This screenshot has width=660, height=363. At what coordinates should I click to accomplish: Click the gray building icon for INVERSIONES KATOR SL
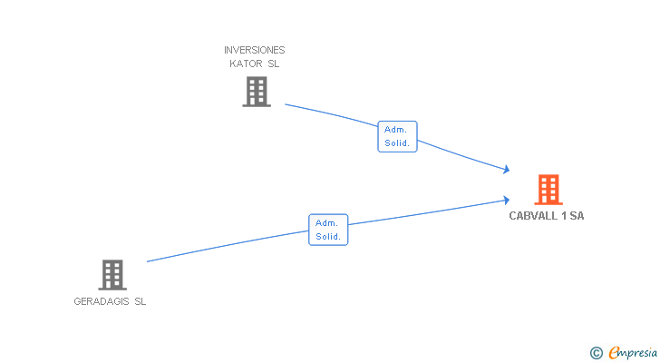click(257, 91)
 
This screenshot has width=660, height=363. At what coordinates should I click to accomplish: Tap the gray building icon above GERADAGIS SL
click(112, 274)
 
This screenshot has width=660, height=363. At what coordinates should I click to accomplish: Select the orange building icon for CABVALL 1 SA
click(548, 190)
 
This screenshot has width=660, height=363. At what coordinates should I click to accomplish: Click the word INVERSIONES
click(255, 50)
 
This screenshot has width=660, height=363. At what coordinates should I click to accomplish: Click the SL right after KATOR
click(274, 64)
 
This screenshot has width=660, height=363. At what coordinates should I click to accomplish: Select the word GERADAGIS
click(102, 302)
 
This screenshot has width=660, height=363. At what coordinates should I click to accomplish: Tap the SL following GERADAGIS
click(140, 302)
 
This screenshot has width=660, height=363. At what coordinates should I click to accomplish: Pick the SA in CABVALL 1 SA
click(577, 216)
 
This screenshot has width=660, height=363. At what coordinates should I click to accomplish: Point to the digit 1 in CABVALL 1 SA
click(563, 216)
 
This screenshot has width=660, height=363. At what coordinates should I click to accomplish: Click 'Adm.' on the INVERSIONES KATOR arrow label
click(397, 130)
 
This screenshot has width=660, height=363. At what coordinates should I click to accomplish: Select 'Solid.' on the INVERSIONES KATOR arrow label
click(397, 143)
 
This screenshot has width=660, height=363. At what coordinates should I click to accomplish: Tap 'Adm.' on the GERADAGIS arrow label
click(328, 223)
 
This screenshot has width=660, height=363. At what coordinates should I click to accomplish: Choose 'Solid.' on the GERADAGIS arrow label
click(328, 237)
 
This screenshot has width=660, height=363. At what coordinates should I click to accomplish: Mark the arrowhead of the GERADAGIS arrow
click(506, 200)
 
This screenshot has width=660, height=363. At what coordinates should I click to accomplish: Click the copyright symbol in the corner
click(597, 352)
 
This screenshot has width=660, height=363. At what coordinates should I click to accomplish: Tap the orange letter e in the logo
click(614, 352)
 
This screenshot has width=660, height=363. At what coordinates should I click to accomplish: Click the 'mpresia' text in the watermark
click(638, 352)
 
